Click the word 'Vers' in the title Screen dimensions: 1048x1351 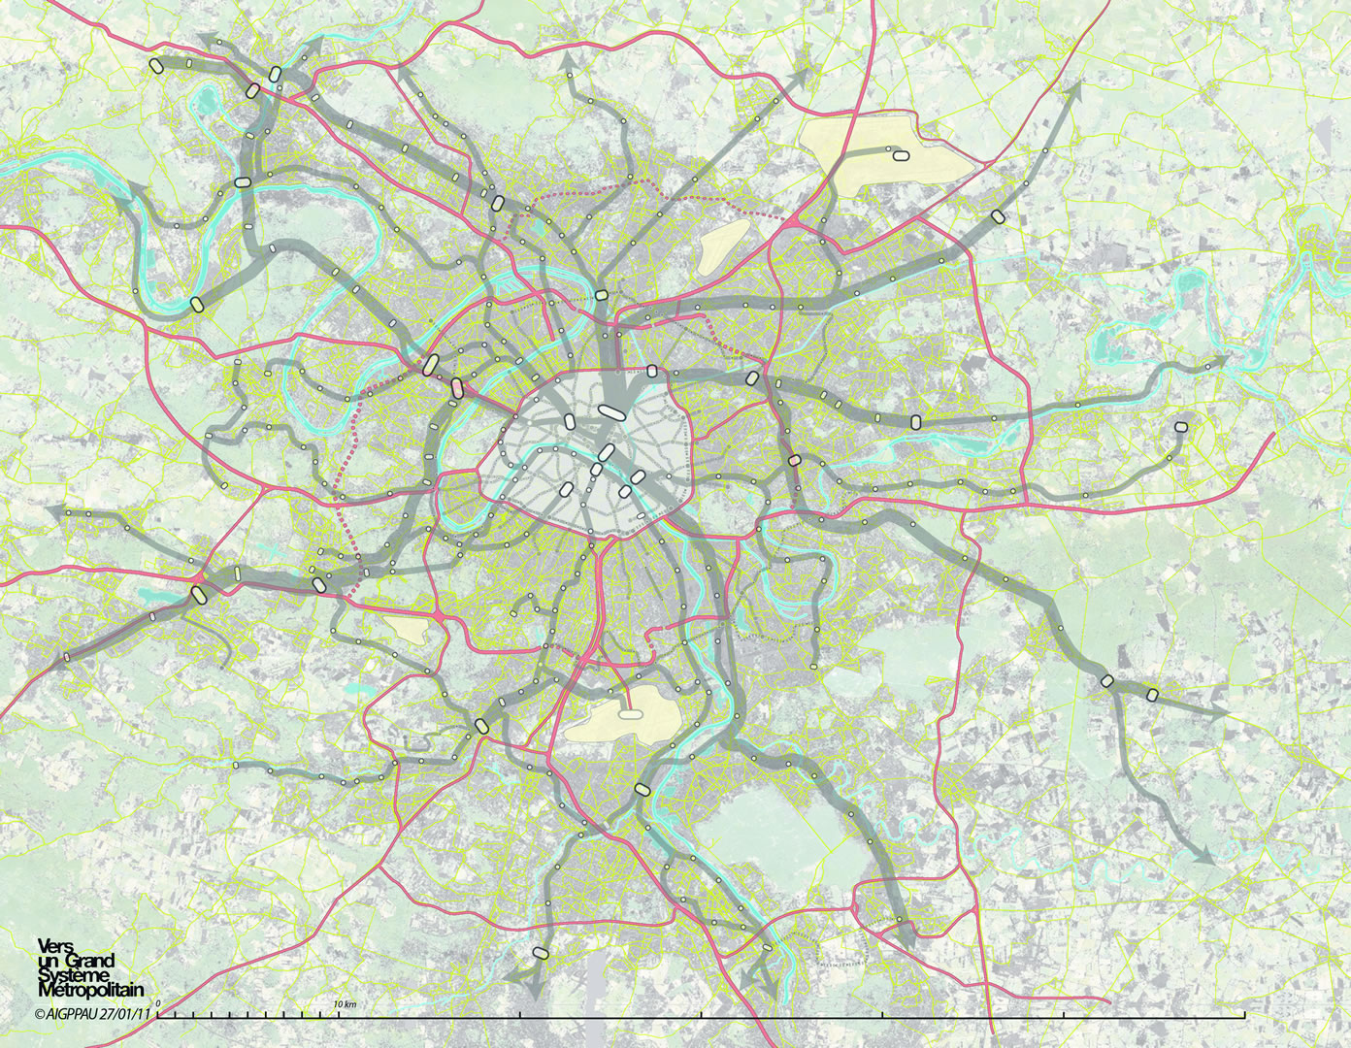[50, 945]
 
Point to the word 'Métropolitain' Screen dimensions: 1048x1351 [89, 991]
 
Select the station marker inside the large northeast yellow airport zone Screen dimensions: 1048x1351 [898, 153]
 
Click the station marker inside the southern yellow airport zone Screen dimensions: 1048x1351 [631, 713]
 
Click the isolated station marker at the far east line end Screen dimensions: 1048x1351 [1180, 426]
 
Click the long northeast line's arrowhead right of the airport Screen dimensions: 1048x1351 [1074, 89]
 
